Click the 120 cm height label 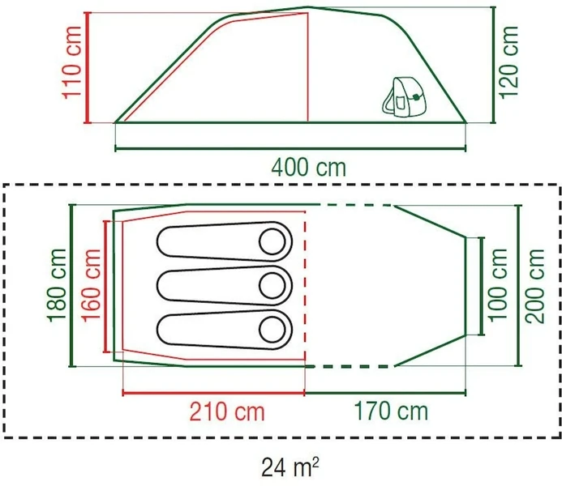click(508, 62)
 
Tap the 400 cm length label click(308, 168)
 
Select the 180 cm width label click(58, 286)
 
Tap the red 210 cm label click(227, 412)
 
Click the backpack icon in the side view click(402, 95)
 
